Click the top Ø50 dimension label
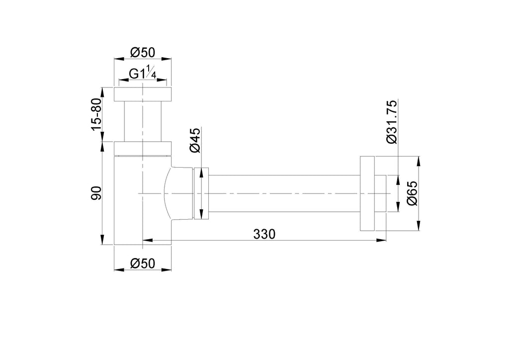143,52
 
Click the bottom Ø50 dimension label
143,263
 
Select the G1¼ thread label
143,73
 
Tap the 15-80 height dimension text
97,114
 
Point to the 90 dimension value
97,193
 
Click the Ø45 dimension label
195,140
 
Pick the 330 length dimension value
264,234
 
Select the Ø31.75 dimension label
392,122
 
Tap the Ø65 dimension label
412,193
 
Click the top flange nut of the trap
143,94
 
